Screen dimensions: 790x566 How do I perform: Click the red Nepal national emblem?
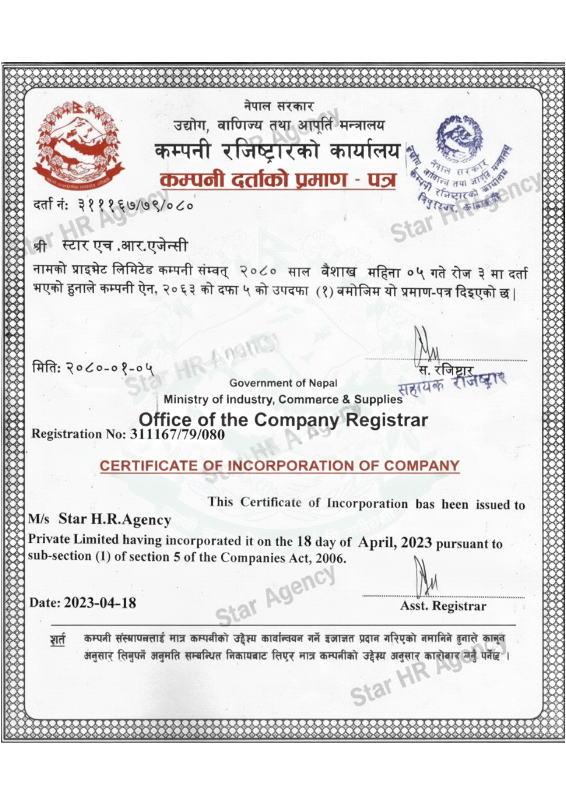click(x=78, y=145)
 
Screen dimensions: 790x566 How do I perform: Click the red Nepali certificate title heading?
click(x=278, y=180)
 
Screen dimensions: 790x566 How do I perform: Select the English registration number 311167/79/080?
click(x=178, y=434)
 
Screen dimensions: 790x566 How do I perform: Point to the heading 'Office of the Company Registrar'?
click(x=283, y=420)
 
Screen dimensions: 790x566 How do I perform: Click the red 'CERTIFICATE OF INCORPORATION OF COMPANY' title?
click(x=280, y=466)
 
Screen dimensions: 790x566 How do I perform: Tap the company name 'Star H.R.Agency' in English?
click(x=115, y=519)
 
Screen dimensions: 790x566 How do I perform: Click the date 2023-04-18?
click(x=100, y=602)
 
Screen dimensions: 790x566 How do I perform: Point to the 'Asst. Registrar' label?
click(x=443, y=606)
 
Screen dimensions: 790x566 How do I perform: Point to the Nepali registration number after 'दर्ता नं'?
click(x=136, y=206)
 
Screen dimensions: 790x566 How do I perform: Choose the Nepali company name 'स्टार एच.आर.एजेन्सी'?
click(x=125, y=246)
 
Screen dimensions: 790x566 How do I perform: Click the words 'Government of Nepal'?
click(x=283, y=383)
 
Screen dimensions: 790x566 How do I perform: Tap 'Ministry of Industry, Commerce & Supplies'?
click(x=283, y=399)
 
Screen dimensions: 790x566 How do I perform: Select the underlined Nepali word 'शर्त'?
click(x=58, y=639)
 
